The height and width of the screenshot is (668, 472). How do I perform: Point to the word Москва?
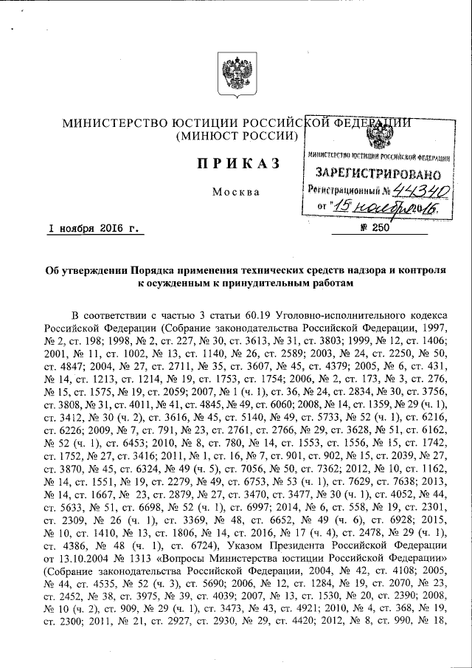[235, 192]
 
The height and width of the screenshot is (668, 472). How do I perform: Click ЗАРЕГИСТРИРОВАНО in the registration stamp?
[378, 175]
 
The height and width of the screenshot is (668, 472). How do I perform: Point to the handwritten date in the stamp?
[383, 207]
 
